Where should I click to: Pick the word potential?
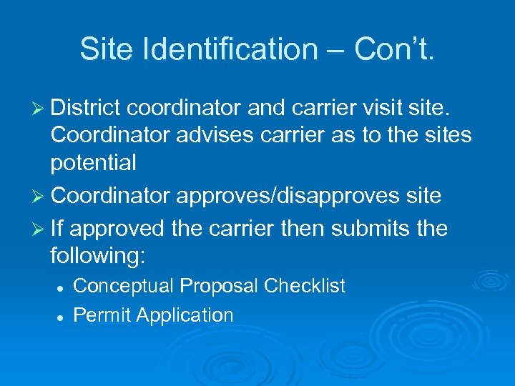[x=93, y=164]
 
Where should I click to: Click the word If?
[x=57, y=228]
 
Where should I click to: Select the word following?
[x=100, y=256]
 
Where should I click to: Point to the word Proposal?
[x=219, y=286]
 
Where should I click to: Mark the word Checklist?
[x=305, y=286]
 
